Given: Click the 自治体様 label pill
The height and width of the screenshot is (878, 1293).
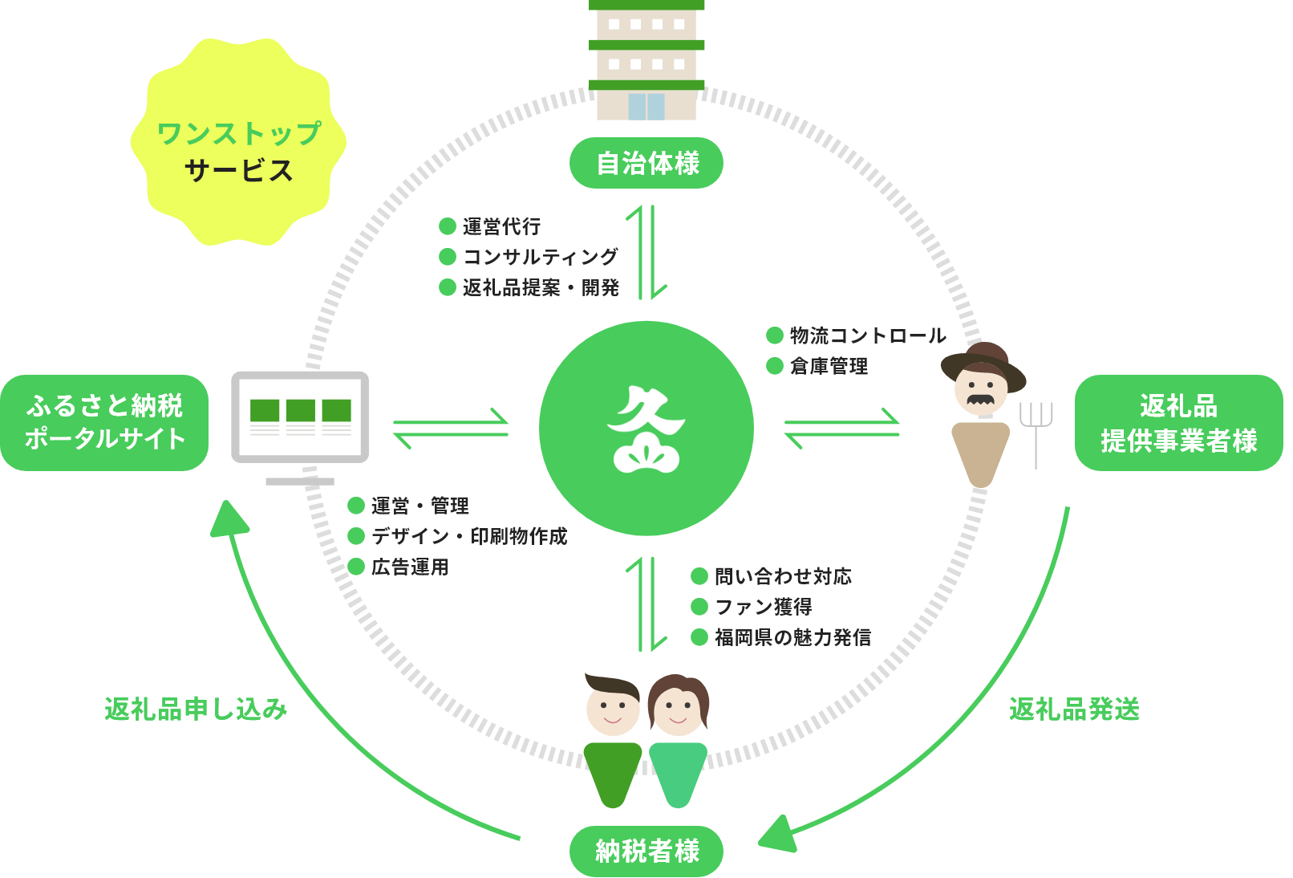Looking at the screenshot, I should (646, 164).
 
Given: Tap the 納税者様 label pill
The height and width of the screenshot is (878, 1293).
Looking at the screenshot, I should (646, 851).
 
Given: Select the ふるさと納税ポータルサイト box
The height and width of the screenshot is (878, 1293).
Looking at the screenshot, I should (104, 422).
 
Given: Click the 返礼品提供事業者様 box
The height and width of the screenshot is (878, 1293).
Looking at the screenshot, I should (1178, 422).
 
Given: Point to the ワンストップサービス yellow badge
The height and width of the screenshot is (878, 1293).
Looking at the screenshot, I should (238, 143).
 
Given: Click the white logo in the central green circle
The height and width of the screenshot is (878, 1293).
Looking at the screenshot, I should (646, 429).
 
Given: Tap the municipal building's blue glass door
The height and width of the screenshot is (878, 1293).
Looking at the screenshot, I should (646, 107).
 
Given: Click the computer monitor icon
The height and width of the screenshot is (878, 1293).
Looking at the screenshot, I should (300, 418).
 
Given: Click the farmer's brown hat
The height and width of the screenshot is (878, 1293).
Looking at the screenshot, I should (984, 360).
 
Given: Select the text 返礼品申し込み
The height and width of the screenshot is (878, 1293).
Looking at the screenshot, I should (196, 709).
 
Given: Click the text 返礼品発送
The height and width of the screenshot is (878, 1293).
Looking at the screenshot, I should (1074, 709).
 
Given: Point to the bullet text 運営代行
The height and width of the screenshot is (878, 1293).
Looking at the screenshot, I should (501, 226).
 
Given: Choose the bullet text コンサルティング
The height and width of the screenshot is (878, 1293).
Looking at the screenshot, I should (541, 257).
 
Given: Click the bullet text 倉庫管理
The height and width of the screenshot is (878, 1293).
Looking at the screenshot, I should (829, 367).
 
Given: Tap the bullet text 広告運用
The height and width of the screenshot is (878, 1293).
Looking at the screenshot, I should (409, 567).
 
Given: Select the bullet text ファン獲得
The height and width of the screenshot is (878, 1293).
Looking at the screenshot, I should (763, 607).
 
